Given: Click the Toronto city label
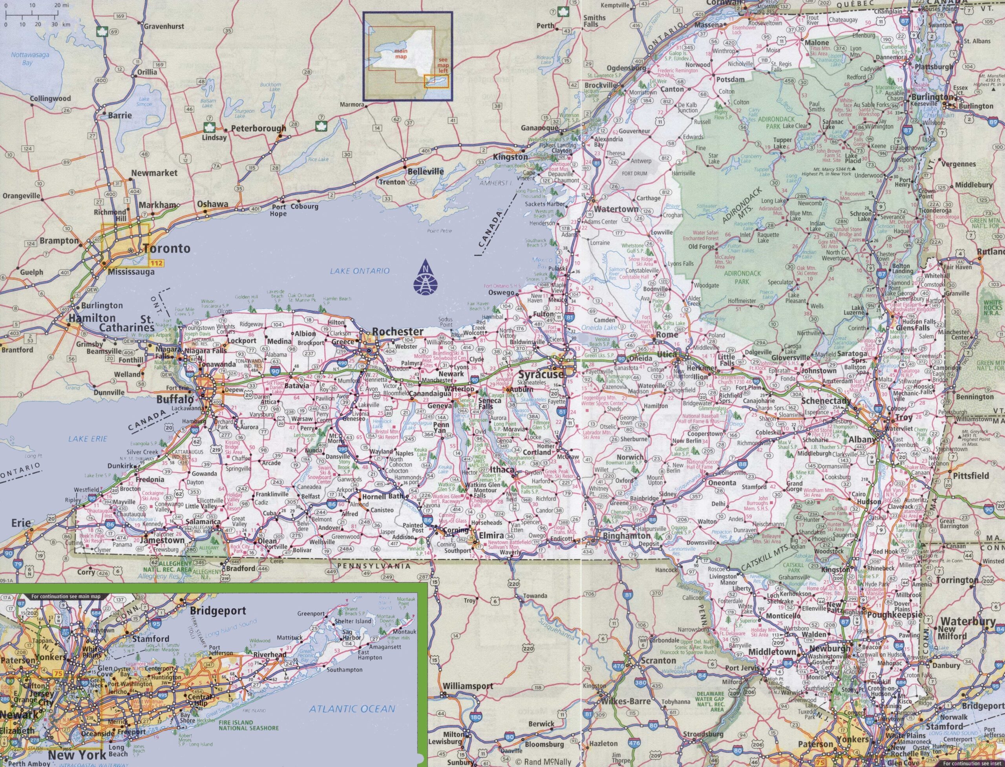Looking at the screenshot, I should pos(166,249).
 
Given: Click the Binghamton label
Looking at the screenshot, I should pos(626,536).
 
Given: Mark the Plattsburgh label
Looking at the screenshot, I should pos(934,67).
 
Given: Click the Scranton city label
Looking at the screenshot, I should pos(658,661).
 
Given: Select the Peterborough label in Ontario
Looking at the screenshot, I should pos(258,129).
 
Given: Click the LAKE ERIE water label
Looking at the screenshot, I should pos(88,439).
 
